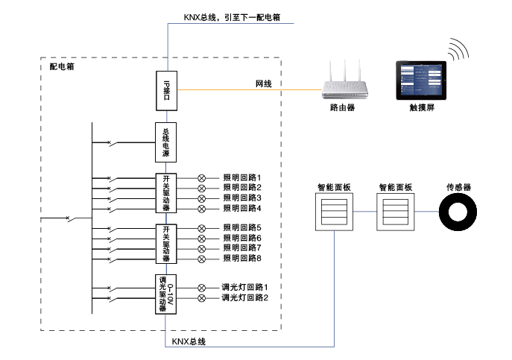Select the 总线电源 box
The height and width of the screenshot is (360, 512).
tap(166, 142)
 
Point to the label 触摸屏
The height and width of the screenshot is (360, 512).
tap(422, 108)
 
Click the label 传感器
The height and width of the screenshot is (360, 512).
tap(458, 187)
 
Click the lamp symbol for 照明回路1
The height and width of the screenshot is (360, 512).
tap(201, 178)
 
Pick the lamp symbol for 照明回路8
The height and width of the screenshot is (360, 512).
tap(201, 258)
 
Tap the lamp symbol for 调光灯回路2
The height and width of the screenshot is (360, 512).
tap(201, 298)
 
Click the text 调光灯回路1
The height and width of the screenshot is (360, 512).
tap(244, 288)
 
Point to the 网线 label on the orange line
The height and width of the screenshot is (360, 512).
tap(264, 84)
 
